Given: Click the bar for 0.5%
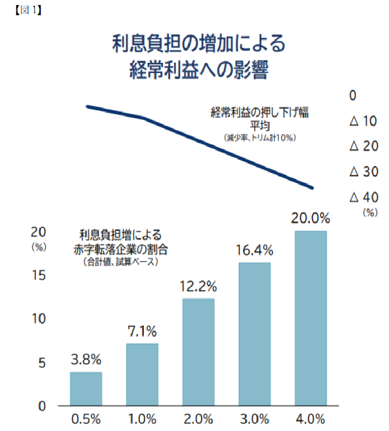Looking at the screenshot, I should click(86, 389).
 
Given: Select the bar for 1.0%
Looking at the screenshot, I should click(142, 375).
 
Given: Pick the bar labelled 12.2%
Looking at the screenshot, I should click(199, 352).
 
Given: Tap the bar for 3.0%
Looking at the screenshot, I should click(255, 334).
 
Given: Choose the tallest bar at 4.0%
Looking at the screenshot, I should click(311, 318).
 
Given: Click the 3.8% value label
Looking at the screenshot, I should click(86, 361).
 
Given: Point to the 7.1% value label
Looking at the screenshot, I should click(142, 332).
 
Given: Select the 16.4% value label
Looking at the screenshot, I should click(255, 250).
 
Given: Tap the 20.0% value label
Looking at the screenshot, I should click(311, 219).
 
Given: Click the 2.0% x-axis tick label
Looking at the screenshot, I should click(199, 420).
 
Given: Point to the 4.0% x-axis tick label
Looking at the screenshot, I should click(311, 420).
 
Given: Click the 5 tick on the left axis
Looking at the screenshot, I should click(42, 363).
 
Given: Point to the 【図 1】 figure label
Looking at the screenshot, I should click(26, 10).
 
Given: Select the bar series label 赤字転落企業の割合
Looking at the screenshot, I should click(120, 249).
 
